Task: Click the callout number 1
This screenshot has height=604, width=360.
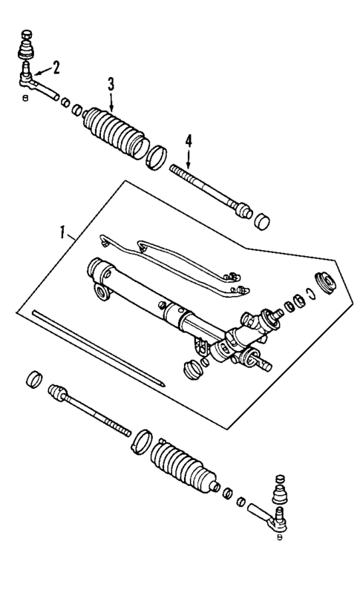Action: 65,232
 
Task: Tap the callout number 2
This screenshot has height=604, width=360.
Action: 56,68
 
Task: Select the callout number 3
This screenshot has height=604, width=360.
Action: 110,84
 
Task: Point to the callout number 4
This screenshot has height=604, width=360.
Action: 189,140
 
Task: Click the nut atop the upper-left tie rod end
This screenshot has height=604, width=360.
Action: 27,34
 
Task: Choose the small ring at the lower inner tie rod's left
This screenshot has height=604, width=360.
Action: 33,381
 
